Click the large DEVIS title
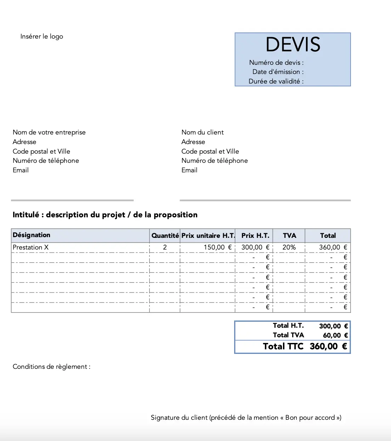click(x=293, y=45)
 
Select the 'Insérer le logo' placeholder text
click(x=42, y=36)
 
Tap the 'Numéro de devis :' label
click(x=276, y=63)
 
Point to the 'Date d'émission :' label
click(x=278, y=72)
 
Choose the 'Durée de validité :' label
click(x=276, y=81)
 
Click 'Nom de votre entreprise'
click(x=49, y=132)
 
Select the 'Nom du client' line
click(x=203, y=132)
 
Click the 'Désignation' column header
click(x=32, y=235)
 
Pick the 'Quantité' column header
click(x=165, y=236)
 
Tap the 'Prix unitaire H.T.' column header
click(x=208, y=236)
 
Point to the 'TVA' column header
click(x=289, y=236)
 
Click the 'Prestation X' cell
click(x=30, y=247)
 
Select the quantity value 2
click(x=165, y=247)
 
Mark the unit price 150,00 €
click(x=217, y=247)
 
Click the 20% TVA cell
click(x=289, y=247)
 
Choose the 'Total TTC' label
click(x=283, y=346)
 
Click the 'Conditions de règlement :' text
click(x=51, y=367)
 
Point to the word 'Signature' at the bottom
click(x=165, y=418)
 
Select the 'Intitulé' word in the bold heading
click(x=26, y=215)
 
